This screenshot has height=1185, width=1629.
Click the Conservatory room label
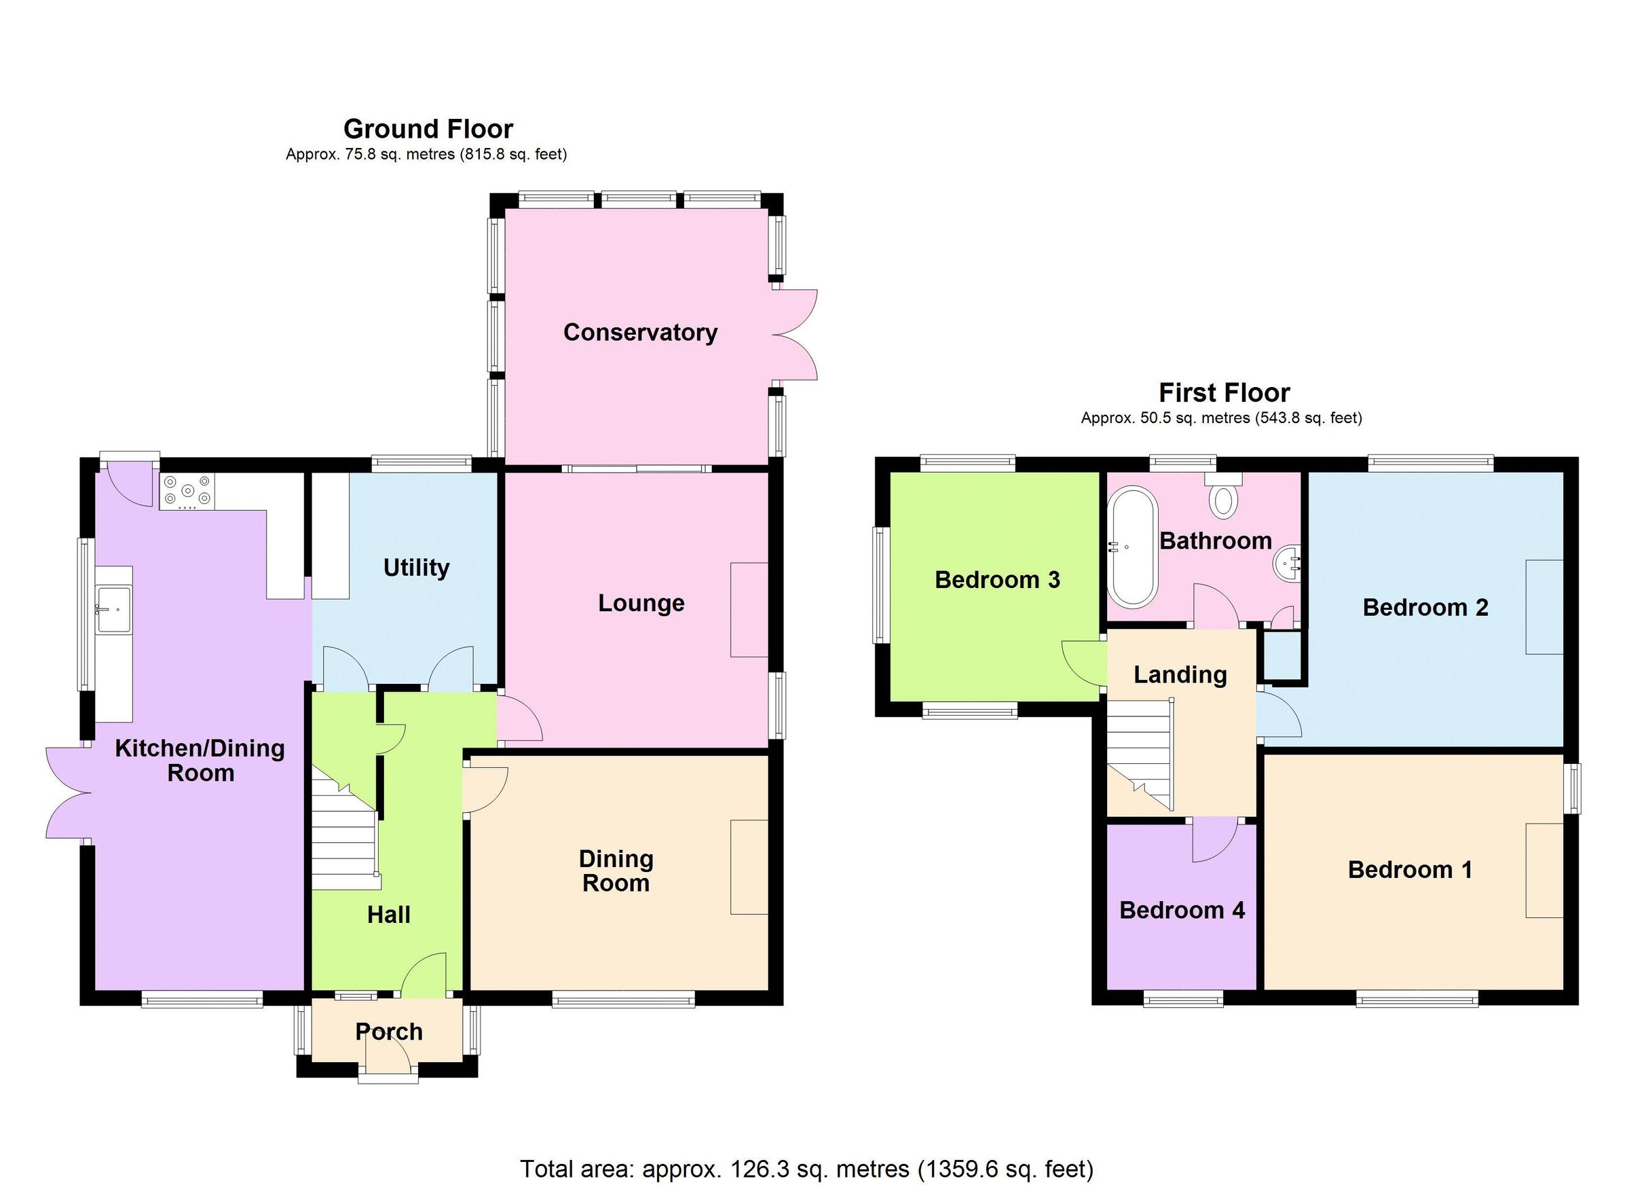(640, 333)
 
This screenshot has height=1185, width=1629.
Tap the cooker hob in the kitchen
(187, 491)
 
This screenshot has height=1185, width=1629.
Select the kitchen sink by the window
(115, 609)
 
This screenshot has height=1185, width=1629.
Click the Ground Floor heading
(428, 129)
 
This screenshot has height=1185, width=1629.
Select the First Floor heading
(1224, 393)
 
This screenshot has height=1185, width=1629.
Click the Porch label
(388, 1032)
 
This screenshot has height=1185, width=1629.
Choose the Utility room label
(416, 568)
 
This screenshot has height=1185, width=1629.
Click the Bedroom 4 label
(1182, 911)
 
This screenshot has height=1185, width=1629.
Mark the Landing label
(1180, 675)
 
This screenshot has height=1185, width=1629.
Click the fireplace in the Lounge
(749, 609)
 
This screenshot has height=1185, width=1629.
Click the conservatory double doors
(795, 335)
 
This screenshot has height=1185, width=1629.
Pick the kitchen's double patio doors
(69, 792)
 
